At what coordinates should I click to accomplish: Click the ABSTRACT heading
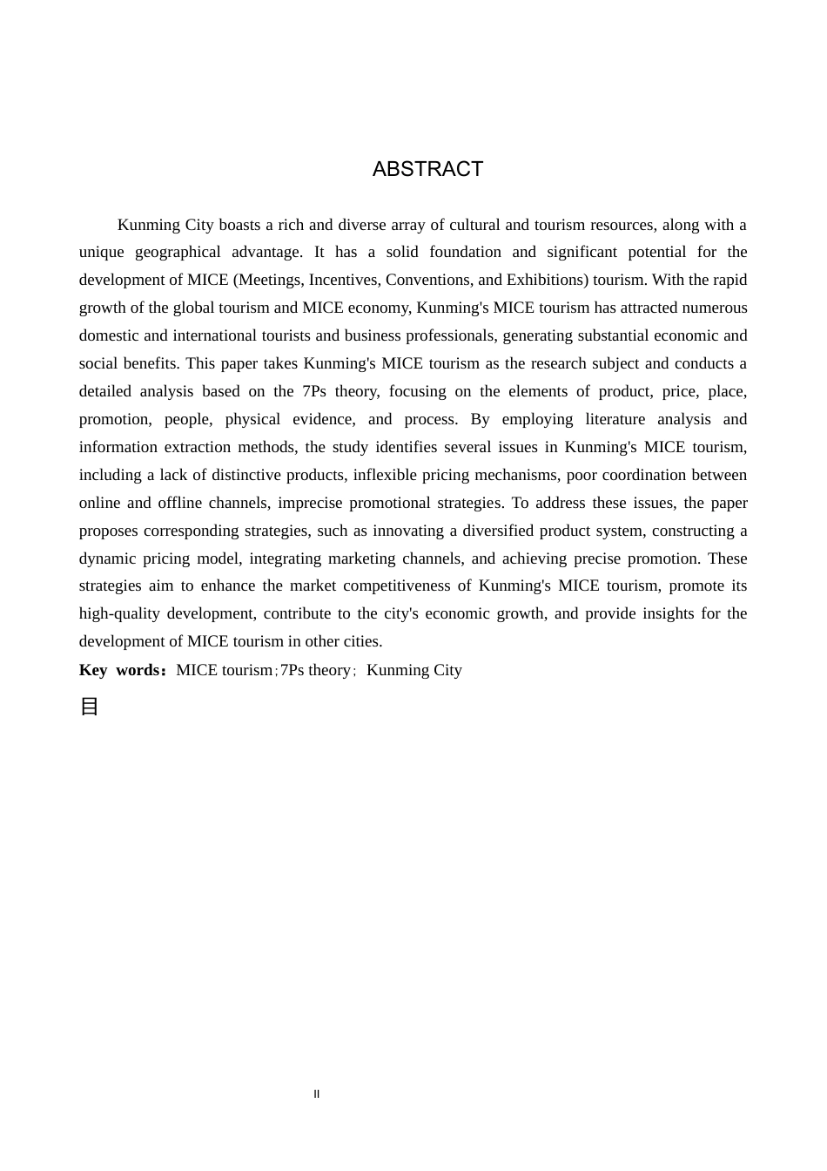point(427,169)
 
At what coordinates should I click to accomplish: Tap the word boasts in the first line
point(239,225)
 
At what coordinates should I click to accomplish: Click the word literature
point(615,420)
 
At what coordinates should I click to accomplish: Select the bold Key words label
point(123,670)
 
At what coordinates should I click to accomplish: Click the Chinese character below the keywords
point(89,707)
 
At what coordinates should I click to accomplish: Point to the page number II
point(317,1094)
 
